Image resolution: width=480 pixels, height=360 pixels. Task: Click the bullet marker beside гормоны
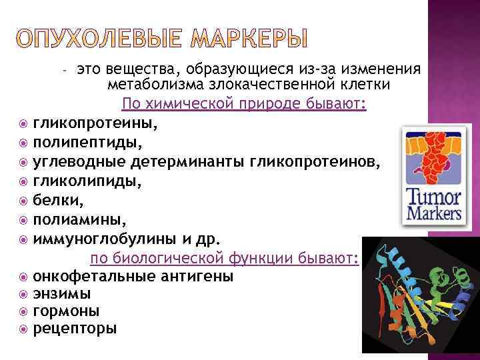pyautogui.click(x=24, y=311)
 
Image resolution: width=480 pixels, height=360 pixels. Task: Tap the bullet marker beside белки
pyautogui.click(x=24, y=199)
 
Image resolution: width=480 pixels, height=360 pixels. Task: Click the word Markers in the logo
pyautogui.click(x=433, y=214)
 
